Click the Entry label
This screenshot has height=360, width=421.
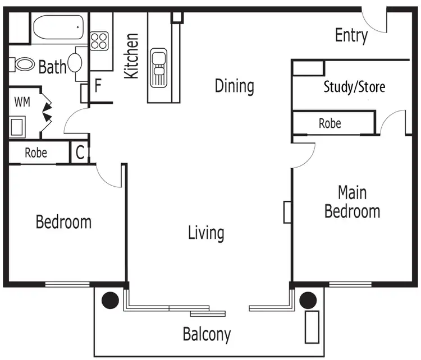click(x=351, y=36)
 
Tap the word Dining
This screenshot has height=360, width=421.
click(x=235, y=86)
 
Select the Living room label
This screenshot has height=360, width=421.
click(x=206, y=233)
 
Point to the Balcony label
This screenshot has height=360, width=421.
click(x=207, y=335)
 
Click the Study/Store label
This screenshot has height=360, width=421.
click(x=354, y=87)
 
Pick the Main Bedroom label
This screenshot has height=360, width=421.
click(x=353, y=202)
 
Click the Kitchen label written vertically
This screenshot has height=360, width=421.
click(x=131, y=56)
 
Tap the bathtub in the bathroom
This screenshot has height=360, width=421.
click(x=58, y=27)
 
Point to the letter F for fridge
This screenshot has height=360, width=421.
click(x=98, y=86)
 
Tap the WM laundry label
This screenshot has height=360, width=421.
click(x=22, y=102)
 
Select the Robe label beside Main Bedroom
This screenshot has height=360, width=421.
click(x=330, y=123)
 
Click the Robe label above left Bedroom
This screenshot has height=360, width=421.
click(x=36, y=153)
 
